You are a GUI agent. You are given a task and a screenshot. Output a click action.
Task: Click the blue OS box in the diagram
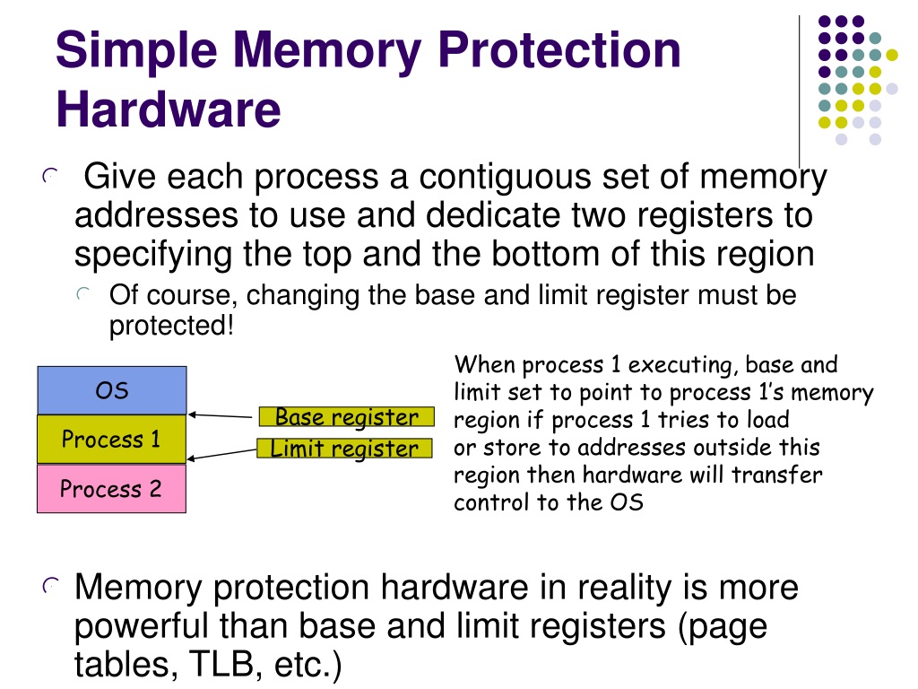tap(112, 390)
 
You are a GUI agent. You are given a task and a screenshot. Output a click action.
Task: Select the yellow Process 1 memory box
tap(112, 439)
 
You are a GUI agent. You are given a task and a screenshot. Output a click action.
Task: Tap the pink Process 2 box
tap(112, 489)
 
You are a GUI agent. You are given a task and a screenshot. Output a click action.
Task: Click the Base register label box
tap(347, 416)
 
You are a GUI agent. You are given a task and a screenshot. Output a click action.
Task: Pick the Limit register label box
tap(345, 449)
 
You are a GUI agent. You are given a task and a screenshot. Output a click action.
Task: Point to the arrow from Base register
tap(221, 415)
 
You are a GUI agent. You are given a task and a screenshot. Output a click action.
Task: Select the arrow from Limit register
tap(222, 454)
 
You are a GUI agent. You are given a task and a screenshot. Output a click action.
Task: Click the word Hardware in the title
tap(169, 109)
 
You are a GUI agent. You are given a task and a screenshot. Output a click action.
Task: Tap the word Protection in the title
tap(559, 50)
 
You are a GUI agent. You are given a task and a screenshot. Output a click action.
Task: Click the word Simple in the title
tap(136, 51)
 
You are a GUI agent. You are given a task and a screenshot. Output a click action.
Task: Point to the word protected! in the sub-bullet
tap(171, 325)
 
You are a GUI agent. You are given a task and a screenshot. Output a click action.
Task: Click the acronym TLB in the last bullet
tap(222, 663)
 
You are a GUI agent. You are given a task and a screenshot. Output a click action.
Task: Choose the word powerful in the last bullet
tap(143, 625)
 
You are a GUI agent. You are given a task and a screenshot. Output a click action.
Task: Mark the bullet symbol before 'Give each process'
tap(50, 175)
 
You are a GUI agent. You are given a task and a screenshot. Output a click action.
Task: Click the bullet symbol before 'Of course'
tap(83, 294)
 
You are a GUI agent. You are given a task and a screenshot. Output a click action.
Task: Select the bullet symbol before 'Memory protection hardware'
tap(50, 585)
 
